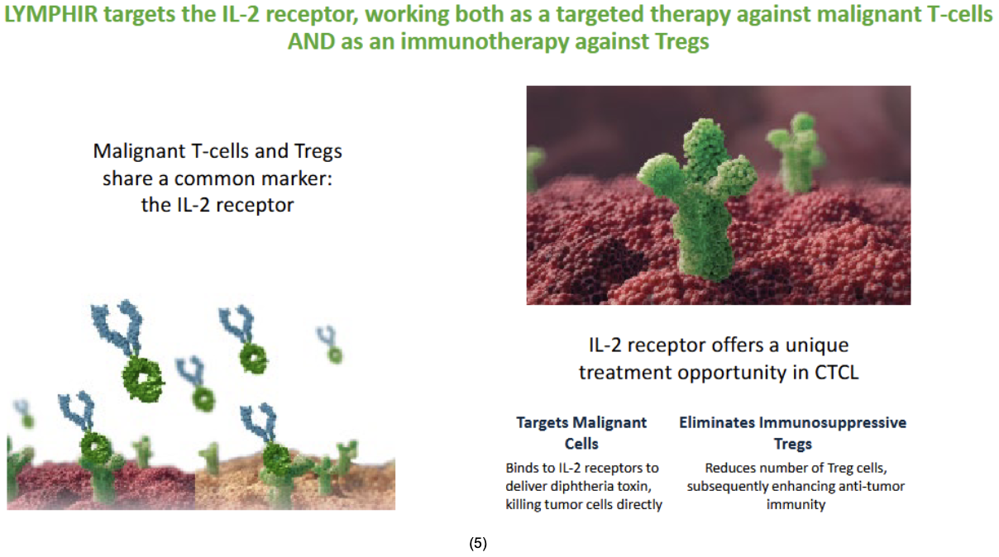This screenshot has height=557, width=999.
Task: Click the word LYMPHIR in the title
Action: point(50,14)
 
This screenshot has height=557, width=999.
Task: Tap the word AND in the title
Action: point(311,41)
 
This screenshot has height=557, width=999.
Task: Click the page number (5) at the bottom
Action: point(478,543)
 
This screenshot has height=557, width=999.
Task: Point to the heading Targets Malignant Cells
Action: point(581,433)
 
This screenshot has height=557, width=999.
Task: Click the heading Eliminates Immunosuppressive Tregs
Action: point(792,433)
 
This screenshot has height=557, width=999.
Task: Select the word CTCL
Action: point(836,373)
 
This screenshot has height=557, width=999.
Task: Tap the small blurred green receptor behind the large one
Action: point(796,151)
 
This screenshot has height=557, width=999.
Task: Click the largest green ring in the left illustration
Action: point(143,380)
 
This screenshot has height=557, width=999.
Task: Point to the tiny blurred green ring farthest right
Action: point(335,355)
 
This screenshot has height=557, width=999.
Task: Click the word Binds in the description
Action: point(521,468)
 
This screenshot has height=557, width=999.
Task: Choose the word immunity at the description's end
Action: point(796,505)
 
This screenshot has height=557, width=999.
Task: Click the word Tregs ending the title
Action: point(682,42)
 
